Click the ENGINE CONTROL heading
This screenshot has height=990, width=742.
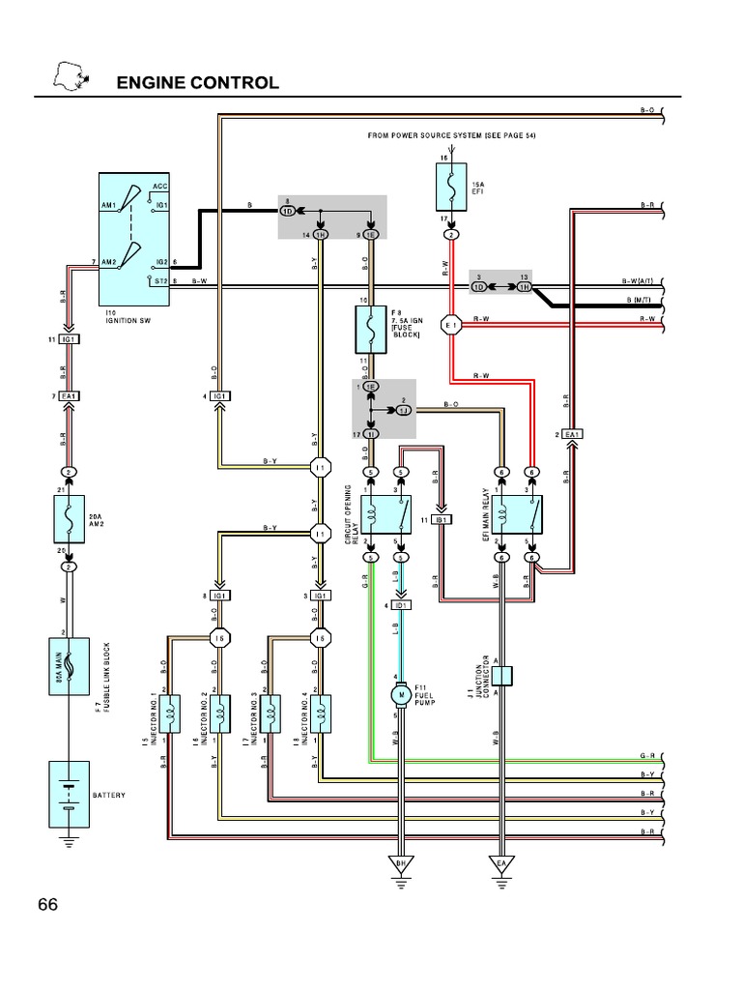tap(198, 82)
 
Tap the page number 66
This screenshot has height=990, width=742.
tap(48, 905)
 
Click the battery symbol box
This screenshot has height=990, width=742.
tap(69, 795)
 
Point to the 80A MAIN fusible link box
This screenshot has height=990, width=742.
tap(69, 665)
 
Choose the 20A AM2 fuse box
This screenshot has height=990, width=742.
tap(69, 522)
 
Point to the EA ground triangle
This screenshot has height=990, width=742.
tap(501, 862)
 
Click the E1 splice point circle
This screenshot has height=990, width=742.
tap(451, 326)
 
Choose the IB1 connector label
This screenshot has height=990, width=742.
tap(442, 520)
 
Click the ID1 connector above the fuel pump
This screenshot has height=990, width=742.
tap(400, 605)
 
